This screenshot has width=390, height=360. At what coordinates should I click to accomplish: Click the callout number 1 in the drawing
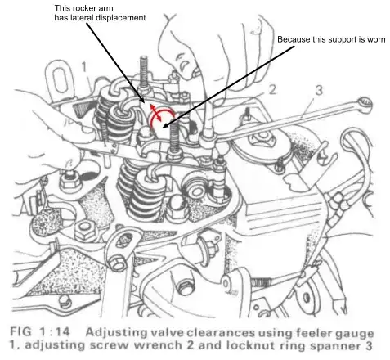[84, 67]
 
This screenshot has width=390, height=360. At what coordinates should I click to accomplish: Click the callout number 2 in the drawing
[271, 90]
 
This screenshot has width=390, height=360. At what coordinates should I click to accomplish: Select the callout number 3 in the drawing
[319, 90]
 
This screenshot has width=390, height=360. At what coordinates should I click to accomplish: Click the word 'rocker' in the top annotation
[85, 8]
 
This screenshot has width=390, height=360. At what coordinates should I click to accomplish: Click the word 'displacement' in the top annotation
[120, 18]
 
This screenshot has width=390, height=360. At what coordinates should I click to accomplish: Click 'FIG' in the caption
[20, 332]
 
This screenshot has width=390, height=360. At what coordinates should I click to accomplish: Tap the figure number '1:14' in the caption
[55, 332]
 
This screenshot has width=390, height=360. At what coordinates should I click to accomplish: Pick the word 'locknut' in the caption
[251, 345]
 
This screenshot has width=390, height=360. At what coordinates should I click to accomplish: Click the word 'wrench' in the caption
[158, 345]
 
